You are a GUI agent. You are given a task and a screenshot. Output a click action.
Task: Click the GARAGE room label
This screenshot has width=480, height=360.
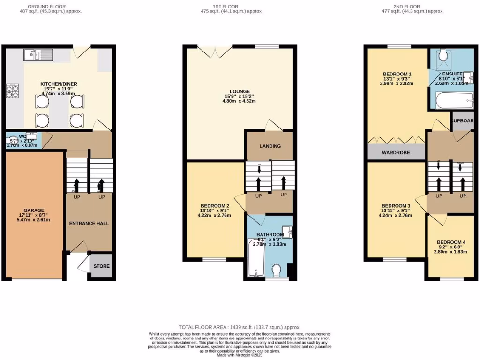coord(34,210)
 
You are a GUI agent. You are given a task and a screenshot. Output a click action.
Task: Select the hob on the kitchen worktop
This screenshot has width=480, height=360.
coord(12,90)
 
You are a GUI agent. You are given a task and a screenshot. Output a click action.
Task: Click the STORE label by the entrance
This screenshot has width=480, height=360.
coord(101,266)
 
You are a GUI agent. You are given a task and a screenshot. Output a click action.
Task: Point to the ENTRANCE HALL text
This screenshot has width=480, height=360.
coord(89,223)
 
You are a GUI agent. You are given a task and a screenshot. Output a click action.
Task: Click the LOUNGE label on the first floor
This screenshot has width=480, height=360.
coord(240,91)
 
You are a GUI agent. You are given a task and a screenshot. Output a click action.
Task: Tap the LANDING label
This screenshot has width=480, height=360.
coord(270,146)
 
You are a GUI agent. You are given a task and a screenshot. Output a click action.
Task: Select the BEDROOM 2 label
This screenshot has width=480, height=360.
coord(215,206)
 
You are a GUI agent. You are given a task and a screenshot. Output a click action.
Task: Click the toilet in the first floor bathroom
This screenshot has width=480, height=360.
coord(277,270)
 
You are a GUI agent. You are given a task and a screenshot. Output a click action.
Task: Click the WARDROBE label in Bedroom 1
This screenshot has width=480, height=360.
coord(396,152)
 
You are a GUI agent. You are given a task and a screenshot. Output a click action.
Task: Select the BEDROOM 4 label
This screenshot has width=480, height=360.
coord(450,242)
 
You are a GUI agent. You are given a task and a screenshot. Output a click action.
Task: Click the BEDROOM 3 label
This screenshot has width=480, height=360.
coord(396,206)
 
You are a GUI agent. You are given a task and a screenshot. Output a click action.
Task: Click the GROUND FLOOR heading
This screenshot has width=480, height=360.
coord(46,6)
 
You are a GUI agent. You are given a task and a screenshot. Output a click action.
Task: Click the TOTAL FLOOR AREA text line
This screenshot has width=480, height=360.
coord(240,327)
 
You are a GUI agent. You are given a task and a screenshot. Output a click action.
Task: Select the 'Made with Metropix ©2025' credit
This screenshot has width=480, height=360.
coord(240,355)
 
